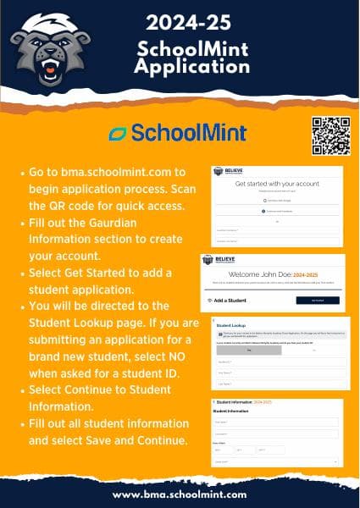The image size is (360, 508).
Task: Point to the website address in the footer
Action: point(180,494)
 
